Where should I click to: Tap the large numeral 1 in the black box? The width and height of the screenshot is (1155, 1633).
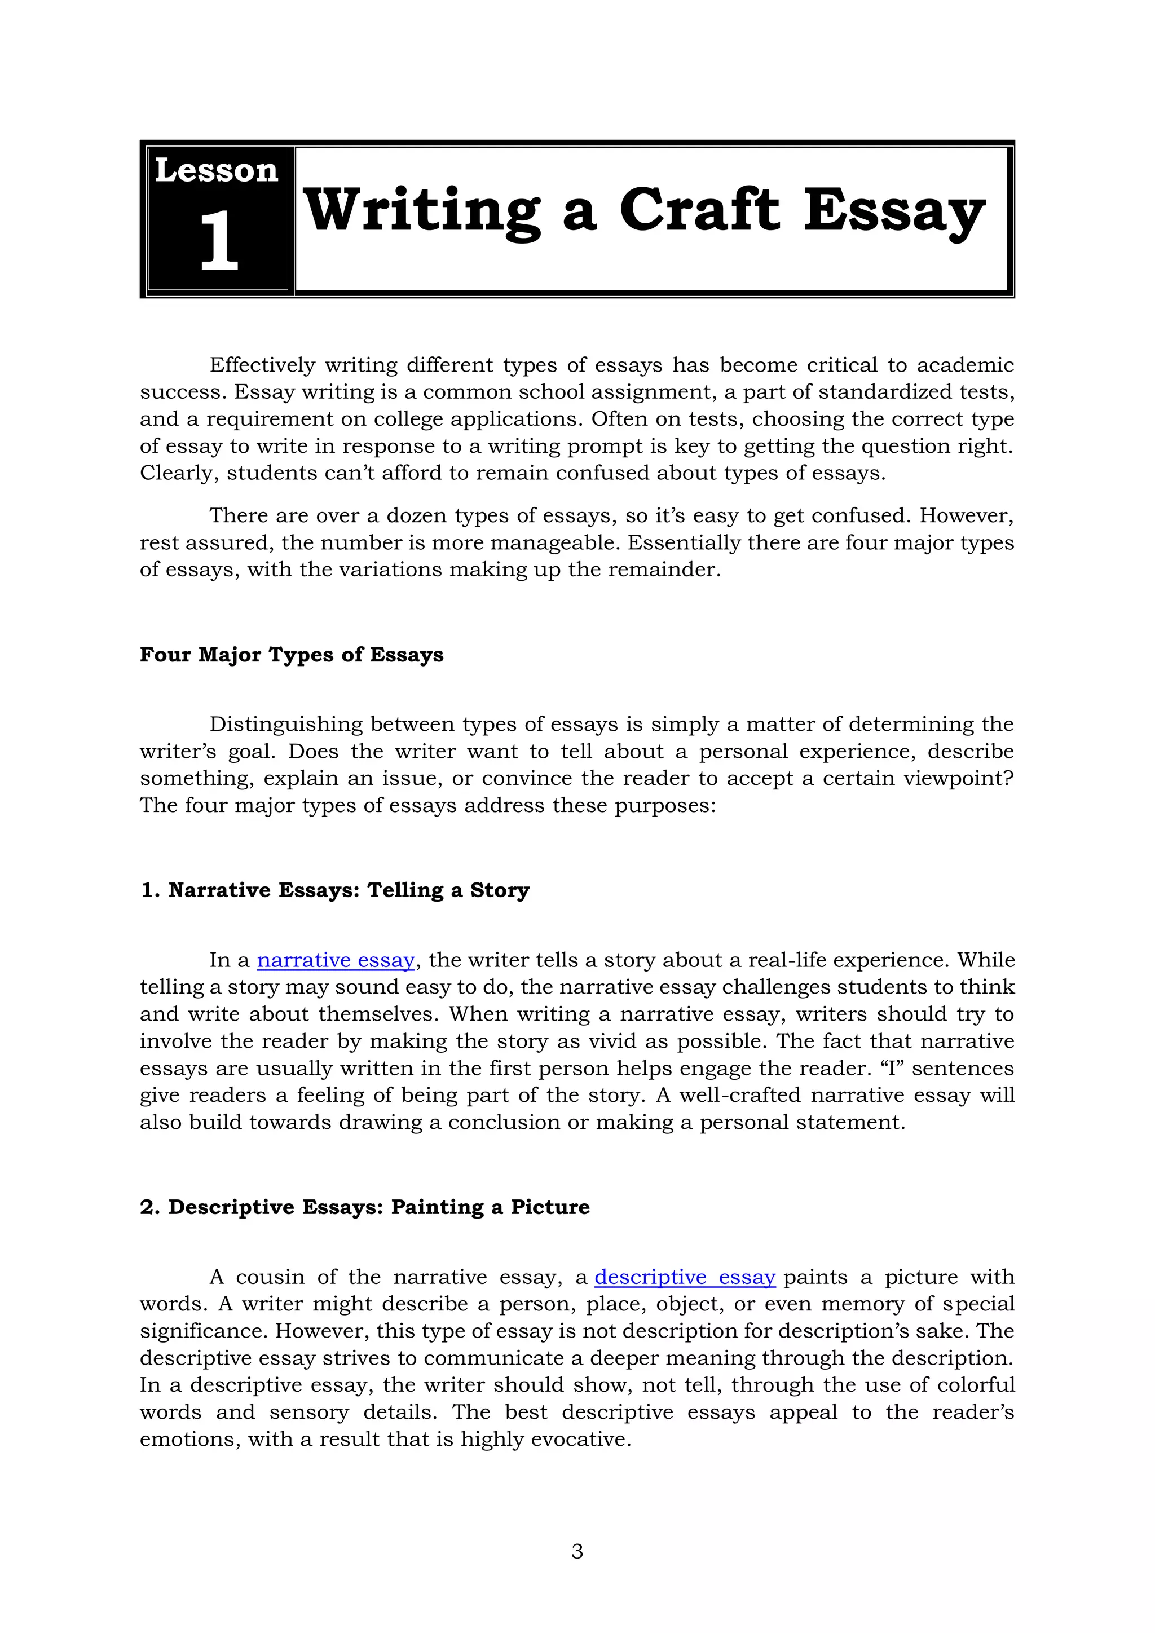[x=218, y=241]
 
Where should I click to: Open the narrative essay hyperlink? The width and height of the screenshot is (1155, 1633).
[x=336, y=960]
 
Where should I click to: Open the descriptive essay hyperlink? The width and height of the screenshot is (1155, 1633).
[x=684, y=1277]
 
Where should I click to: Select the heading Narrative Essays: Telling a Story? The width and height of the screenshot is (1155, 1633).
[x=335, y=890]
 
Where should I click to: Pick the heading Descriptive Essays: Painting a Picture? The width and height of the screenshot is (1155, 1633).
[x=365, y=1207]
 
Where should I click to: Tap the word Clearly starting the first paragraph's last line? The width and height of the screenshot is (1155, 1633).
[x=178, y=473]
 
